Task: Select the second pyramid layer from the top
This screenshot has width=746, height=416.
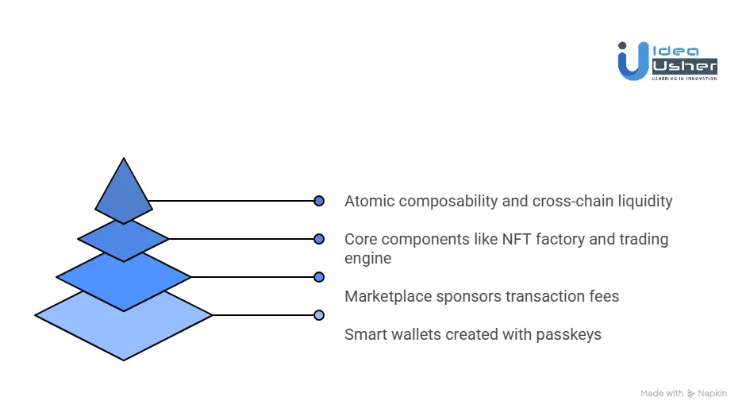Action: (x=123, y=238)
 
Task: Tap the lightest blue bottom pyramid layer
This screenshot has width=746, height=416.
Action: (x=123, y=325)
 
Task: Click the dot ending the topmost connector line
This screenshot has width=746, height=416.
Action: (x=319, y=201)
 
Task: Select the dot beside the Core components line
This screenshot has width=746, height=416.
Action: (x=319, y=239)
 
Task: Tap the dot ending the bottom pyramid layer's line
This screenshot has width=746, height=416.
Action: (x=319, y=315)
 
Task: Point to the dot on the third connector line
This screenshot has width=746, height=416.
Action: (x=319, y=277)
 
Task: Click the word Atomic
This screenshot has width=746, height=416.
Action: (x=369, y=201)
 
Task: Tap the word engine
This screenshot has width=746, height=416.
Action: (x=367, y=259)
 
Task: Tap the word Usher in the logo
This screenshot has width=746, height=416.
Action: (x=683, y=67)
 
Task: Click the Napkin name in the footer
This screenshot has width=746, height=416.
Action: (x=713, y=394)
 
